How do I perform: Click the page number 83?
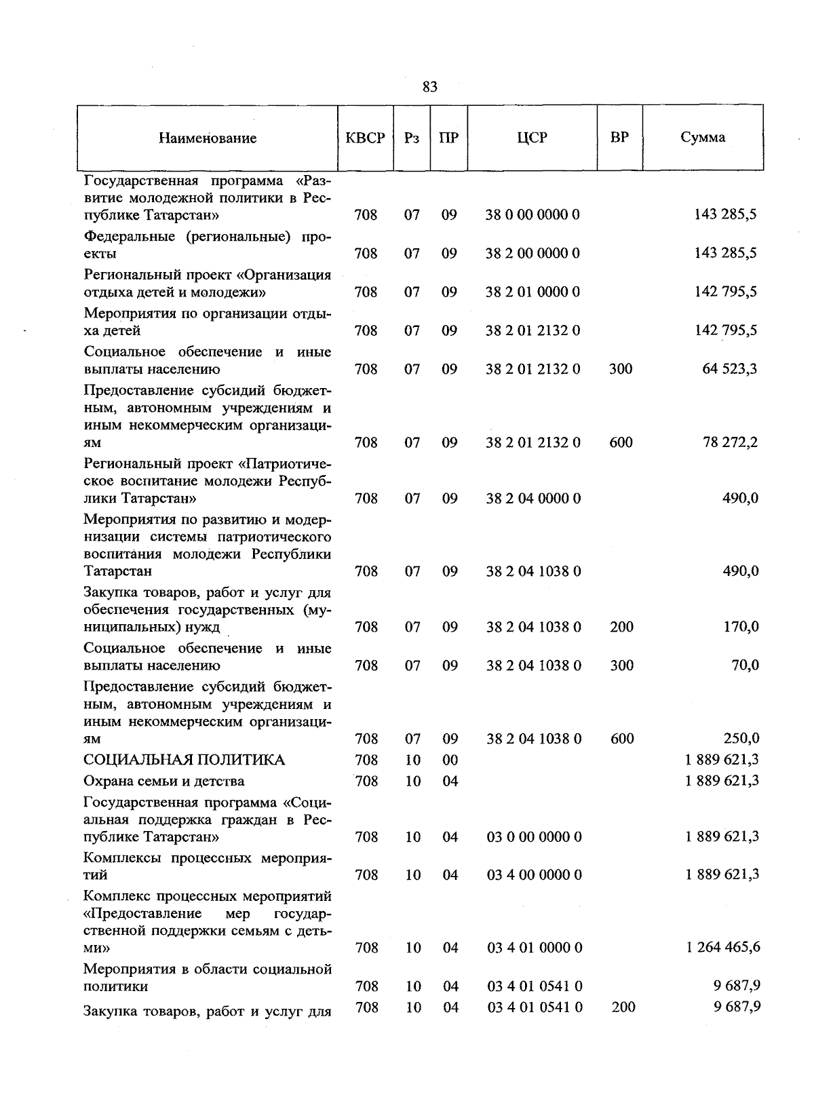429,87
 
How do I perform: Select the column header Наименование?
208,138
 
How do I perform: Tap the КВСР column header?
366,138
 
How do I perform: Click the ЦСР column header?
532,138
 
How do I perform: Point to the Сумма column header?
703,138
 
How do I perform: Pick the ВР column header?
619,138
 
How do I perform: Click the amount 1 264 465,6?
723,947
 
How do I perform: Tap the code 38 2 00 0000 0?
532,254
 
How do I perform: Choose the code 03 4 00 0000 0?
534,875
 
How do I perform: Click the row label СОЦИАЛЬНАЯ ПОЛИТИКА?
184,760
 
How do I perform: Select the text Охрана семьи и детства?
163,782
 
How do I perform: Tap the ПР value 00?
450,760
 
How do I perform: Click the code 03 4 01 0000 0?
534,947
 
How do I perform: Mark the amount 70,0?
744,666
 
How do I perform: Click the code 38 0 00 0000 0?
532,215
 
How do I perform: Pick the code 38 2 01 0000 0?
532,292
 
